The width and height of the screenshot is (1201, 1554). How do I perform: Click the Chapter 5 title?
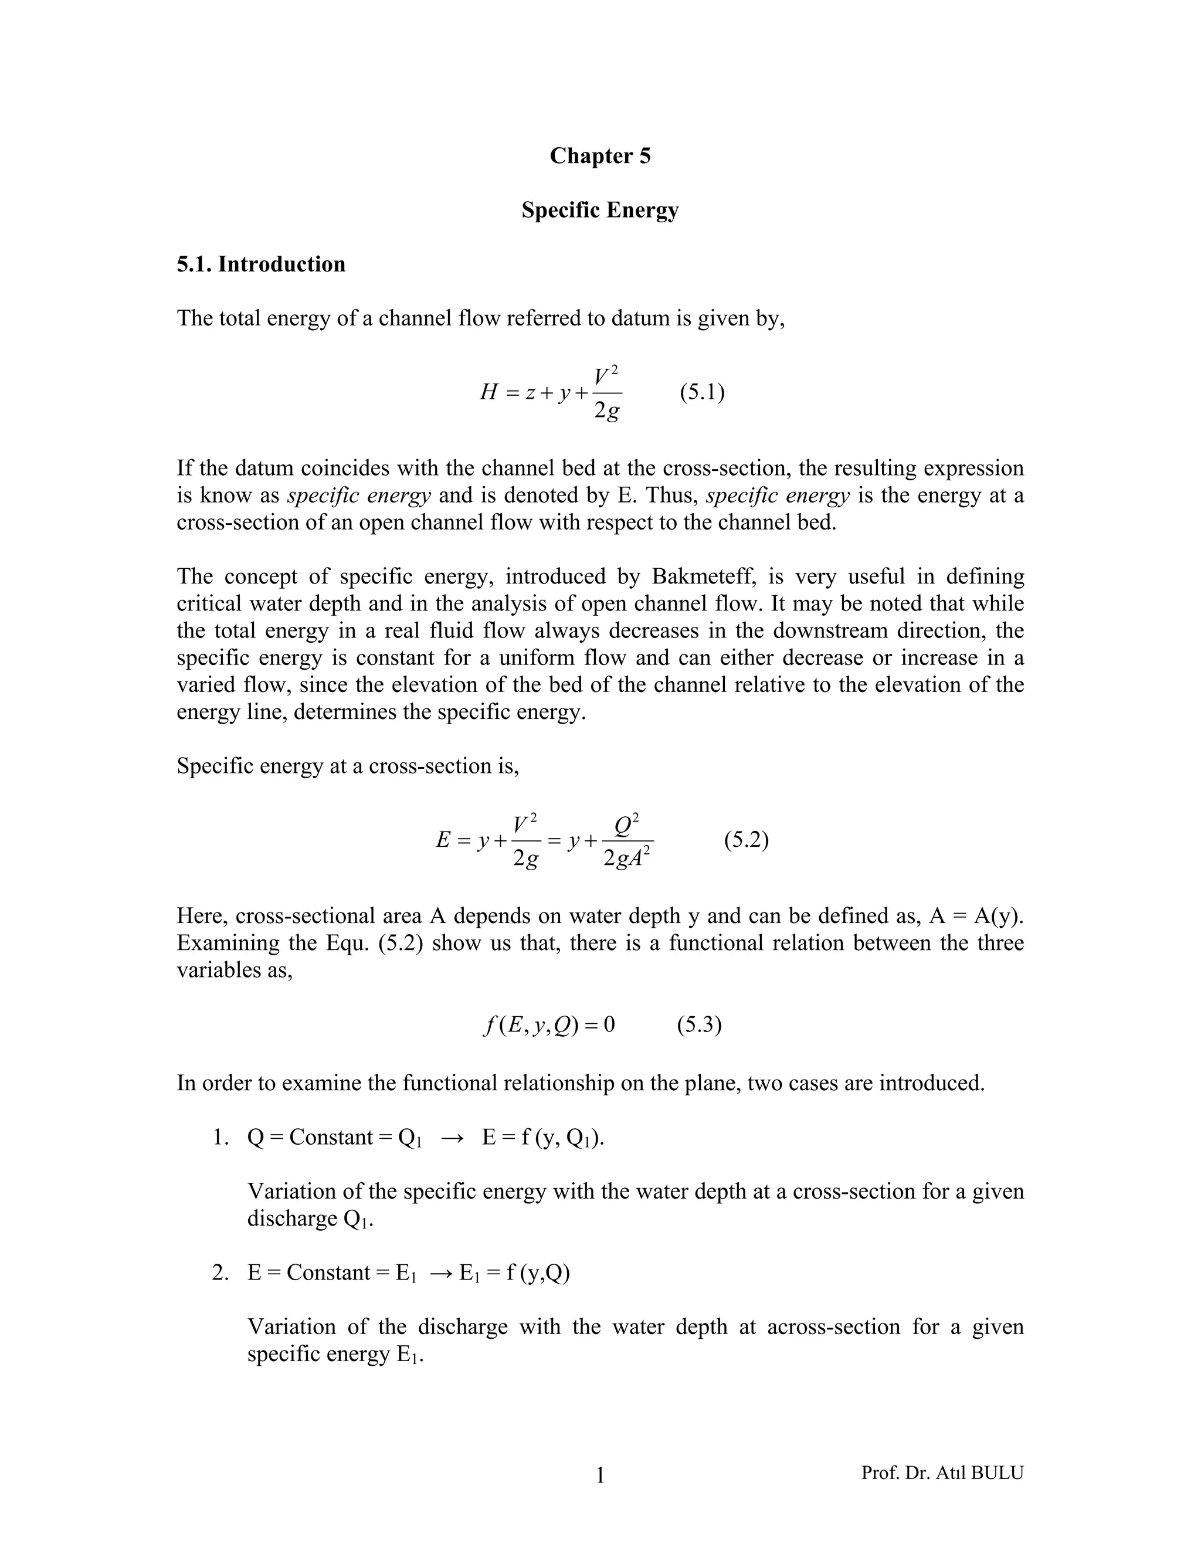pos(600,156)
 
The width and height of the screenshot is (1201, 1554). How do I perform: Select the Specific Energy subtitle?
pos(600,210)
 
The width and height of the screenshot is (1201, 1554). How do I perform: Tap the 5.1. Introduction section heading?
pos(261,264)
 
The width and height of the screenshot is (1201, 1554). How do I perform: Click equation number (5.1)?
pos(701,392)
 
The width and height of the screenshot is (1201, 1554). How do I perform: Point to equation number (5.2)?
pos(747,840)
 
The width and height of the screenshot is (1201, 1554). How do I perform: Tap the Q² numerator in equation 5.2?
pos(627,826)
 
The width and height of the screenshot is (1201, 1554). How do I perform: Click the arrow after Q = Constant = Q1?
pos(453,1138)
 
